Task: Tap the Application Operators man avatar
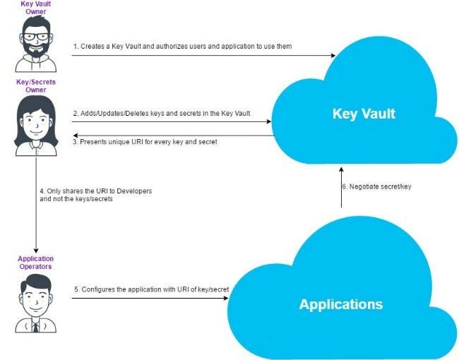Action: tap(35, 304)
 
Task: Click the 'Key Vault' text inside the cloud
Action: tap(364, 114)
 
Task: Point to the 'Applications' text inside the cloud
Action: tap(340, 304)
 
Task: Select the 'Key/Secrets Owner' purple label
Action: tap(35, 86)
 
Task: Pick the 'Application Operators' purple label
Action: tap(35, 263)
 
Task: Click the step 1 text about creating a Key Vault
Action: tap(181, 47)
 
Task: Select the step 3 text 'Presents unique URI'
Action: tap(145, 142)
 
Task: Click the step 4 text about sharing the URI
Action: tap(95, 196)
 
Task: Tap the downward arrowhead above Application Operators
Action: tap(35, 248)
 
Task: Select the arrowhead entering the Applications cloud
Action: tap(225, 298)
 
